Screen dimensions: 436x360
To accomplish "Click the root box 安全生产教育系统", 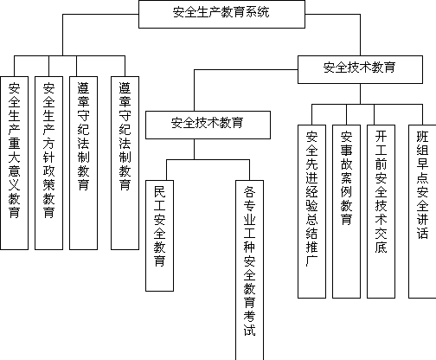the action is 221,14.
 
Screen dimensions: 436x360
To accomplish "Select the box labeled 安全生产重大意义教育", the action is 15,163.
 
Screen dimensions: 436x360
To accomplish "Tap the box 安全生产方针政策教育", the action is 48,163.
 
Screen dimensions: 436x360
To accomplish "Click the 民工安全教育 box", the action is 159,235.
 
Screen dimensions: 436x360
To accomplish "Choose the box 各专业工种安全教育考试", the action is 249,270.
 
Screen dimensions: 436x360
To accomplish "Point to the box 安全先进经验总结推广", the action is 311,211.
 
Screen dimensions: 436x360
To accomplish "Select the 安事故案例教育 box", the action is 346,211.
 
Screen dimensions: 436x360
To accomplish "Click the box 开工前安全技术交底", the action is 381,211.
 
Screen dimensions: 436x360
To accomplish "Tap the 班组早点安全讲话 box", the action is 422,211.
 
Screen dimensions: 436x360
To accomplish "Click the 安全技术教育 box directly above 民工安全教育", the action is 208,125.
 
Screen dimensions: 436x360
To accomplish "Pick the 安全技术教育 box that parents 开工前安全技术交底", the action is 360,69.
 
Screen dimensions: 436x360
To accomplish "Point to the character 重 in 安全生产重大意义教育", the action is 14,144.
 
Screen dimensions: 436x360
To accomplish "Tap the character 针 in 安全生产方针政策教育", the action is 48,157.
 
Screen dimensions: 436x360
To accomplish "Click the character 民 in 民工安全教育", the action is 159,192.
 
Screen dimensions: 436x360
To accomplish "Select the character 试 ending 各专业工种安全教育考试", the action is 249,330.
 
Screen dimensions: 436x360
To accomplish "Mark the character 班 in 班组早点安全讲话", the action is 422,137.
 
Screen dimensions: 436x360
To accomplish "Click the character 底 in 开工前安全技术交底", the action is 381,247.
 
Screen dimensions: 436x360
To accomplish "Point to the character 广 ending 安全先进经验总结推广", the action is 311,260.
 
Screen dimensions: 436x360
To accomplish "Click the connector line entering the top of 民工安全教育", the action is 166,170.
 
